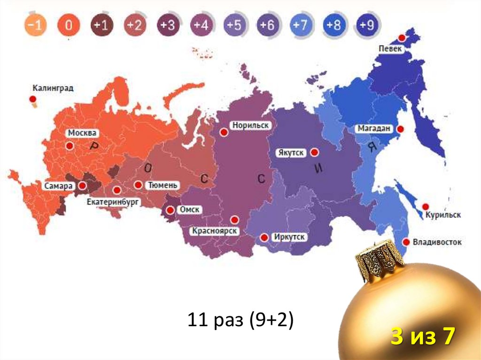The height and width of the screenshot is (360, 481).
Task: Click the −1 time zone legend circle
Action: (36, 25)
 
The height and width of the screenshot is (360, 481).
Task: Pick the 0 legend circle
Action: (69, 25)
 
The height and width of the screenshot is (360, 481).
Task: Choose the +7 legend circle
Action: (301, 25)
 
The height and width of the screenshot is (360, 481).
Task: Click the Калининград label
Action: (53, 88)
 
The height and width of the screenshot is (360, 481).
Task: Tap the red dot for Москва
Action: (70, 146)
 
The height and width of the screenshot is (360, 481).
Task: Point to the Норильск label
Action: (250, 125)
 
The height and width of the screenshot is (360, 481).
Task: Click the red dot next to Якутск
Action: (315, 152)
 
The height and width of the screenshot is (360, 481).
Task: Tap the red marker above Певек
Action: (402, 38)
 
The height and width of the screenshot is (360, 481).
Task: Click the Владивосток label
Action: (437, 242)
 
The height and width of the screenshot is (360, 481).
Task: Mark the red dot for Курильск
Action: (426, 206)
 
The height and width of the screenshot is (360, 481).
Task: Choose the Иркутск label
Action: (289, 237)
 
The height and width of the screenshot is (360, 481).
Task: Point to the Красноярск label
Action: (214, 231)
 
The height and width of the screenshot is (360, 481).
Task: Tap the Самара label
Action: (58, 186)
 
